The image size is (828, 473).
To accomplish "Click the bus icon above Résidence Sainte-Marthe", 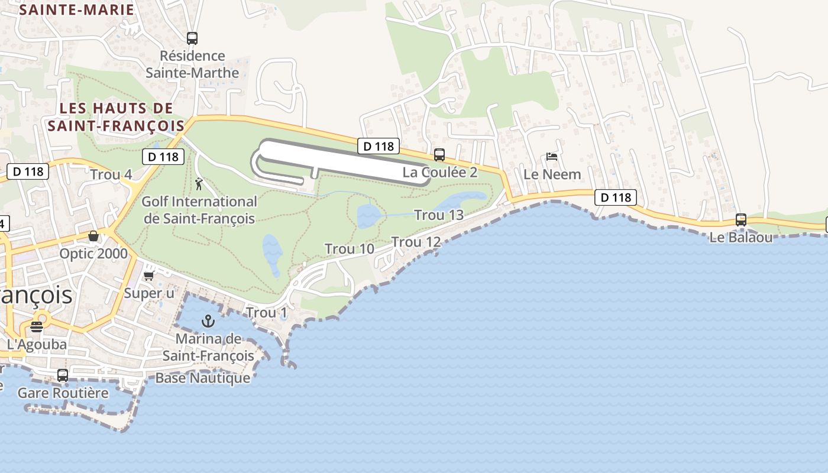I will [192, 38].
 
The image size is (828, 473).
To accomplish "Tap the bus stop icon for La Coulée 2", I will [439, 155].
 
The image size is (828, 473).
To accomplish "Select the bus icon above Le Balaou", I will [741, 220].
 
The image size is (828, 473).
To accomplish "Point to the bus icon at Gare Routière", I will [63, 375].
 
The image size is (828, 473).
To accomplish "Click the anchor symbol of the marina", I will [208, 321].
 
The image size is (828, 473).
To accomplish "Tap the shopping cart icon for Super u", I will [149, 276].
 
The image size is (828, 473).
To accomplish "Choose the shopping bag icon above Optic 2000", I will [93, 236].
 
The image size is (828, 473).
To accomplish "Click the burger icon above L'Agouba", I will [37, 326].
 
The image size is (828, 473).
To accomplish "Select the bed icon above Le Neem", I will [552, 157].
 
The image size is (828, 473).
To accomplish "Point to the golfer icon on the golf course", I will [199, 184].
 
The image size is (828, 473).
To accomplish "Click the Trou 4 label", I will [111, 174].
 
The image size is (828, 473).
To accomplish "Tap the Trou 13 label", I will [439, 215].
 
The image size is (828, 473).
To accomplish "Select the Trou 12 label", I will [416, 242].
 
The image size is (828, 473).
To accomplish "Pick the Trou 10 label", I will [350, 249].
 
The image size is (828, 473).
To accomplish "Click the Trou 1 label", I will [266, 312].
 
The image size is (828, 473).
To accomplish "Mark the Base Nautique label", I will [202, 378].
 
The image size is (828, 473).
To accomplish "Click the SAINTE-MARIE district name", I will [77, 9].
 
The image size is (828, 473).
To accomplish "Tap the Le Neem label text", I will [552, 174].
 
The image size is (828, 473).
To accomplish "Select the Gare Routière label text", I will [63, 393].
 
